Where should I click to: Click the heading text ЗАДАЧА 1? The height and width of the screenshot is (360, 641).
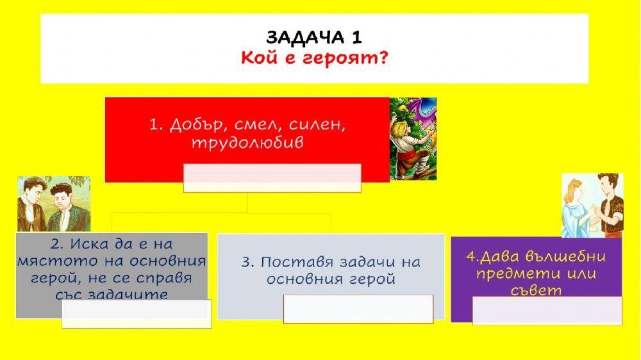(x=314, y=37)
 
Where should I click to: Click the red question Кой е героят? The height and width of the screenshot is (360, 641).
(x=314, y=58)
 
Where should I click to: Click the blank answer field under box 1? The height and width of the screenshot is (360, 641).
(x=272, y=177)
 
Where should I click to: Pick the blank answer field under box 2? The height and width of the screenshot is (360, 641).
(x=137, y=313)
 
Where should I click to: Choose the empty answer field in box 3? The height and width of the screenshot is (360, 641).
(x=358, y=309)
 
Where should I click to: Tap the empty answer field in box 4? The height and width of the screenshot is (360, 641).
(x=547, y=310)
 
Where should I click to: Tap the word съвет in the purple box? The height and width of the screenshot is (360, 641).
(x=537, y=290)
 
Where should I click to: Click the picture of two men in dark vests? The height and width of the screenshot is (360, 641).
(x=54, y=204)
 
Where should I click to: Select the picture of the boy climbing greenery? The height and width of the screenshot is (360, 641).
(x=413, y=138)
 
